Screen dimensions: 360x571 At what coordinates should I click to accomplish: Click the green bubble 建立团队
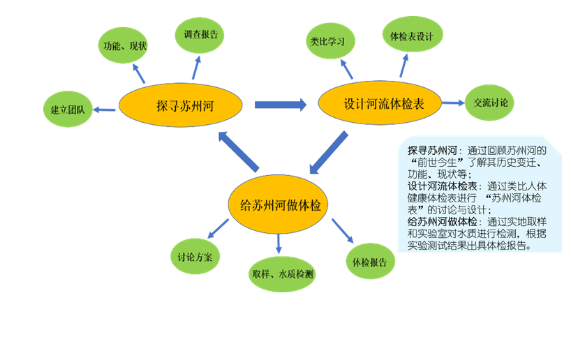pos(67,110)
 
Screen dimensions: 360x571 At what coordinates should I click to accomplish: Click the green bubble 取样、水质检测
pos(282,273)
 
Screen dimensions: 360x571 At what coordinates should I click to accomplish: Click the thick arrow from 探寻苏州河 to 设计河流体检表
pos(280,105)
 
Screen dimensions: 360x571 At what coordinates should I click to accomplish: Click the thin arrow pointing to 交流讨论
pos(454,103)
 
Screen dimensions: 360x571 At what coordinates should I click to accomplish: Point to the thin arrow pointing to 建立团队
pos(105,109)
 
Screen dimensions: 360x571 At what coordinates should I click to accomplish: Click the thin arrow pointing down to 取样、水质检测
pos(279,243)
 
